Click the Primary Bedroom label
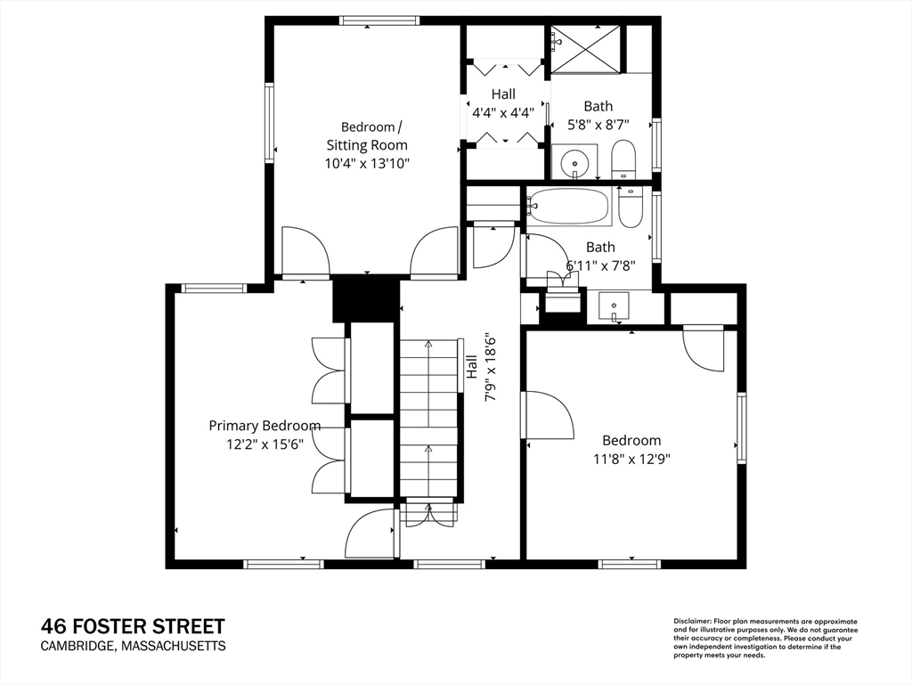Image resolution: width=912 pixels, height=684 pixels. point(265,426)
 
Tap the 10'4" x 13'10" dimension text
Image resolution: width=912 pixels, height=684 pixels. point(367,164)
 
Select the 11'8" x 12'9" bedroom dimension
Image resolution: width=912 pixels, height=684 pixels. point(631,459)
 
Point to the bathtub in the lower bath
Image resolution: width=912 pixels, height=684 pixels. point(569,207)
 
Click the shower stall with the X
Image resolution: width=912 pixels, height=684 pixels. point(586,49)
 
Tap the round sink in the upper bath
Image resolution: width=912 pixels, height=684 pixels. point(574,160)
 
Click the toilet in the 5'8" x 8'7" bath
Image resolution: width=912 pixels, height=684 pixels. point(623,159)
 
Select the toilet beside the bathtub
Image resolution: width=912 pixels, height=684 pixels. point(630,207)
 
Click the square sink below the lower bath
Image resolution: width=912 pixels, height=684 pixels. point(614,306)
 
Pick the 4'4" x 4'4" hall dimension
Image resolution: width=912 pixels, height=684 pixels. point(503,113)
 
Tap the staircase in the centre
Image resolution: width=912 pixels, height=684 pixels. point(428,418)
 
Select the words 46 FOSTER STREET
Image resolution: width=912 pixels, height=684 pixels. point(133,626)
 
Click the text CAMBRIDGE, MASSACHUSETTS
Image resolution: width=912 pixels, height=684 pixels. point(134,646)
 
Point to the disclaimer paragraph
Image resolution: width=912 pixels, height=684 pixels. point(765,639)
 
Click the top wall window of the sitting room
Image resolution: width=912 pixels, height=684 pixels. point(379,21)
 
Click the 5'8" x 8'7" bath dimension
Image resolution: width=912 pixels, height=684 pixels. point(598,125)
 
